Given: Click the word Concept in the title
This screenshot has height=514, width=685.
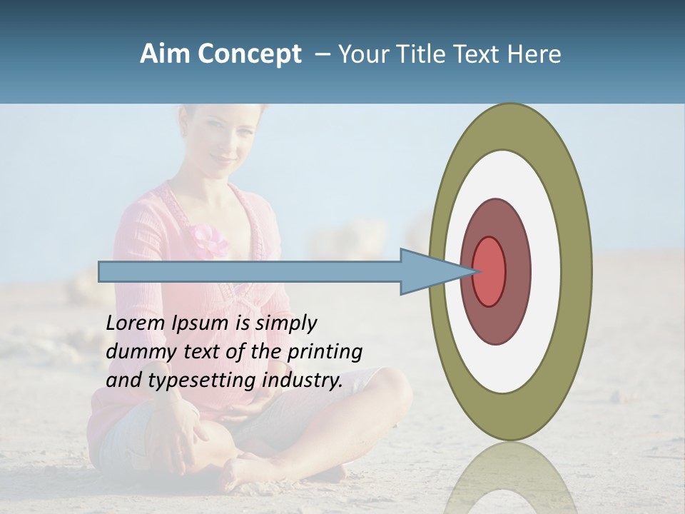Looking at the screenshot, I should (x=249, y=54).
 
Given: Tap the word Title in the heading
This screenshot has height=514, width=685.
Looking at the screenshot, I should (x=427, y=54).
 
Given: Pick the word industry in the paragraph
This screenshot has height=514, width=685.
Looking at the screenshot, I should (x=303, y=380).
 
